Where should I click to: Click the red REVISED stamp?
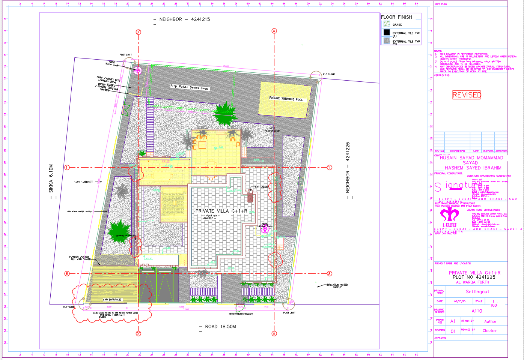click(467, 95)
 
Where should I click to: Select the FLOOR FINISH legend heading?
click(396, 17)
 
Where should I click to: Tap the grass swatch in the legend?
click(387, 24)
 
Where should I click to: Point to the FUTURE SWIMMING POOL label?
click(286, 99)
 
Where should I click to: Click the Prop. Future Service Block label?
click(190, 87)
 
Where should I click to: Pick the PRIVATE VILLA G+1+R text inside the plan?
click(221, 211)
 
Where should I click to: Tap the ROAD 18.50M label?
click(220, 327)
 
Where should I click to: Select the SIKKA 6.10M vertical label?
click(51, 178)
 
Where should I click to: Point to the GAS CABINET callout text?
click(83, 182)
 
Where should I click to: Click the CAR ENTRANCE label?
click(112, 300)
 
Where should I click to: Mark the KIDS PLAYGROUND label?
click(272, 130)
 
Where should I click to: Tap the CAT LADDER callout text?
click(262, 187)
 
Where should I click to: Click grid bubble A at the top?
click(274, 31)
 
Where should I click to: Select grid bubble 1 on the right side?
click(329, 168)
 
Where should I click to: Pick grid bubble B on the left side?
click(67, 273)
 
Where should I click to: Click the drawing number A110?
click(477, 311)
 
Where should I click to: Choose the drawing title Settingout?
click(477, 292)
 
